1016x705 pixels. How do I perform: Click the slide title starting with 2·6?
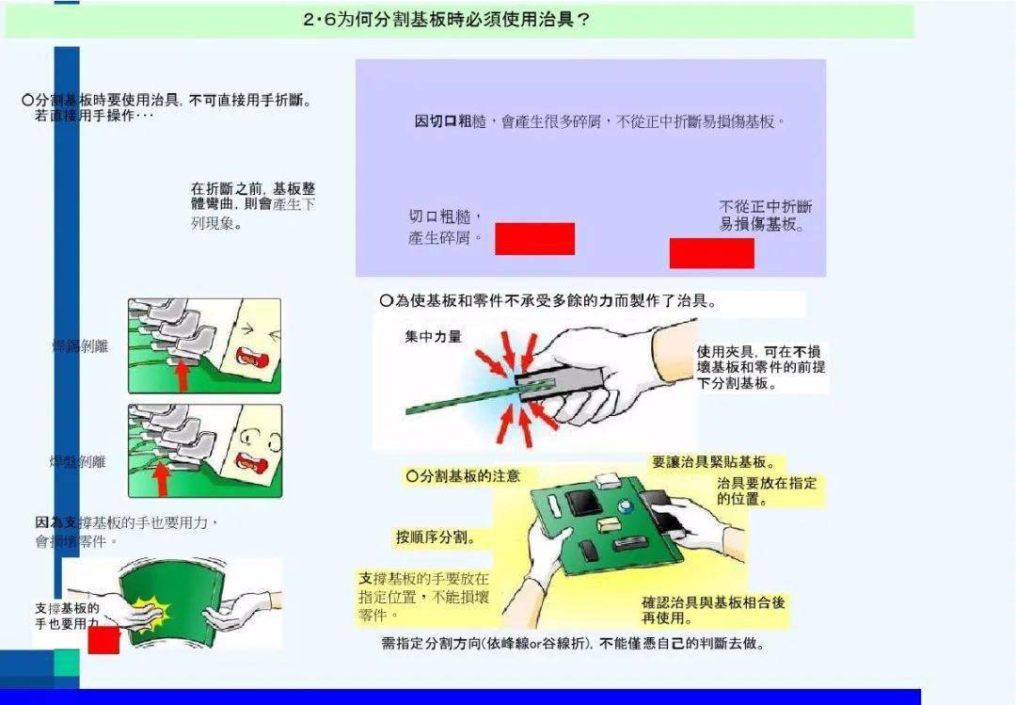[x=447, y=20]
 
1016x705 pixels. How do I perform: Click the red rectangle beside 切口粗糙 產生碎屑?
[x=534, y=239]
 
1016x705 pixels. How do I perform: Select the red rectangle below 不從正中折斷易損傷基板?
[x=711, y=253]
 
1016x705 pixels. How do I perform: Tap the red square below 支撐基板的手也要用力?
[x=103, y=639]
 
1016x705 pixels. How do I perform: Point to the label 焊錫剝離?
[x=80, y=346]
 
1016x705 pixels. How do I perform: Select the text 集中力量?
[x=433, y=337]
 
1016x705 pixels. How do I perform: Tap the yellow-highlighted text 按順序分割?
[x=435, y=538]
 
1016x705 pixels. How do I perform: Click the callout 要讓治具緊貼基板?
[x=714, y=463]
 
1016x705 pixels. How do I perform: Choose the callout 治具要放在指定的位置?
[x=766, y=491]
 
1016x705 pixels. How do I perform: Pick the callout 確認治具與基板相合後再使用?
[x=713, y=610]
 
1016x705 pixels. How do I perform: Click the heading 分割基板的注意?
[x=463, y=477]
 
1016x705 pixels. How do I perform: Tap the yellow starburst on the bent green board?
[x=149, y=613]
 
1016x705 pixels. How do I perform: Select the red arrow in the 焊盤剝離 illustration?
[x=162, y=478]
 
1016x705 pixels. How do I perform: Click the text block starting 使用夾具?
[x=760, y=367]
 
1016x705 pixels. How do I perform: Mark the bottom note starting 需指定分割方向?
[x=572, y=645]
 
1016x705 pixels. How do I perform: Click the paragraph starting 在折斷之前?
[x=252, y=205]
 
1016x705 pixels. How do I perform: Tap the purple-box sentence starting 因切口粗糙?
[x=599, y=121]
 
